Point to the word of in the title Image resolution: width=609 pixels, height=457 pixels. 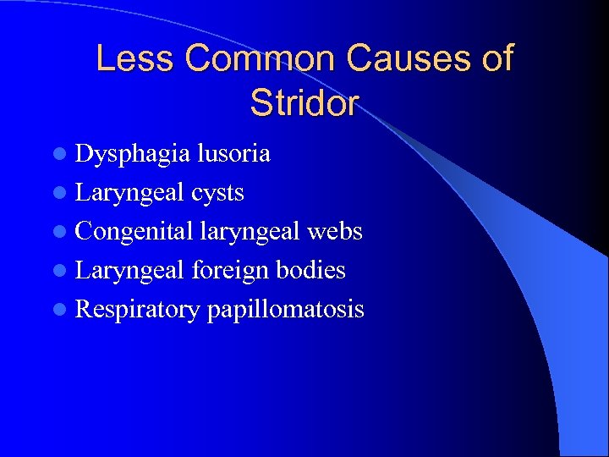point(496,58)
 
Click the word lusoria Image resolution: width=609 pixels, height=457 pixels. point(233,154)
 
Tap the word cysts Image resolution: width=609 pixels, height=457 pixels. point(217,193)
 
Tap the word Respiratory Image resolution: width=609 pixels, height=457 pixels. point(137,310)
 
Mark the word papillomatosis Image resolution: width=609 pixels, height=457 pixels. point(285,310)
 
